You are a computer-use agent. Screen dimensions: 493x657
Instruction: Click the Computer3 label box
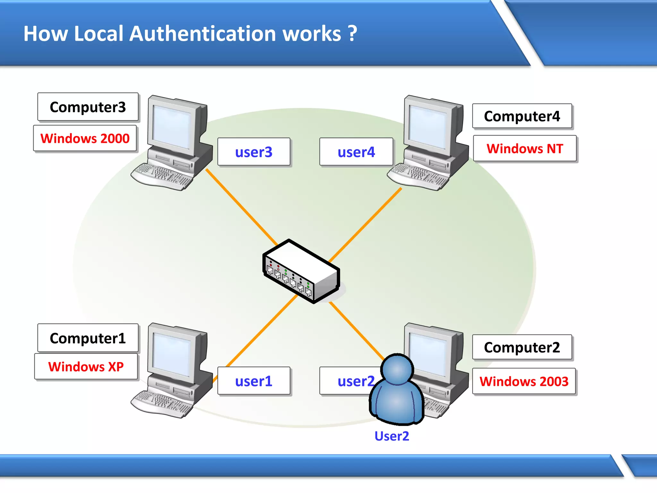[88, 107]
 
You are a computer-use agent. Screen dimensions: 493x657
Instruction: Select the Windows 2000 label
[85, 138]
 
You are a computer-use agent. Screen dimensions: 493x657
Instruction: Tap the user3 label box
[254, 152]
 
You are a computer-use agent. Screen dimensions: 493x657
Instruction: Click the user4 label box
[356, 152]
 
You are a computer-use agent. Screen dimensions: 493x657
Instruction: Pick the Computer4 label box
[522, 116]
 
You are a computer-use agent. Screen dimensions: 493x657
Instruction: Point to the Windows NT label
[525, 149]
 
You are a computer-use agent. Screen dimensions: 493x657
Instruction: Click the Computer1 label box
[88, 338]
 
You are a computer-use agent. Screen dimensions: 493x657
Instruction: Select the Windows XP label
[86, 367]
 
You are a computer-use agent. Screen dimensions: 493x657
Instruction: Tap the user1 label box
[254, 381]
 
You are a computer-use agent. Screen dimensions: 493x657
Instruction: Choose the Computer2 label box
[522, 347]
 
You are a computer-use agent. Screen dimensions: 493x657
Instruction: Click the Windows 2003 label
[524, 381]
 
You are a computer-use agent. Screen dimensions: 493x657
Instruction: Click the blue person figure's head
[397, 369]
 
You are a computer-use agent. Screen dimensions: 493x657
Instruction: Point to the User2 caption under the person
[392, 436]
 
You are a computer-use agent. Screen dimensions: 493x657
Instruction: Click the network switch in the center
[301, 271]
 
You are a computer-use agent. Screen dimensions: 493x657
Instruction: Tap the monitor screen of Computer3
[172, 127]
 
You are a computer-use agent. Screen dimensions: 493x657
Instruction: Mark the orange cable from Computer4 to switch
[366, 225]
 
